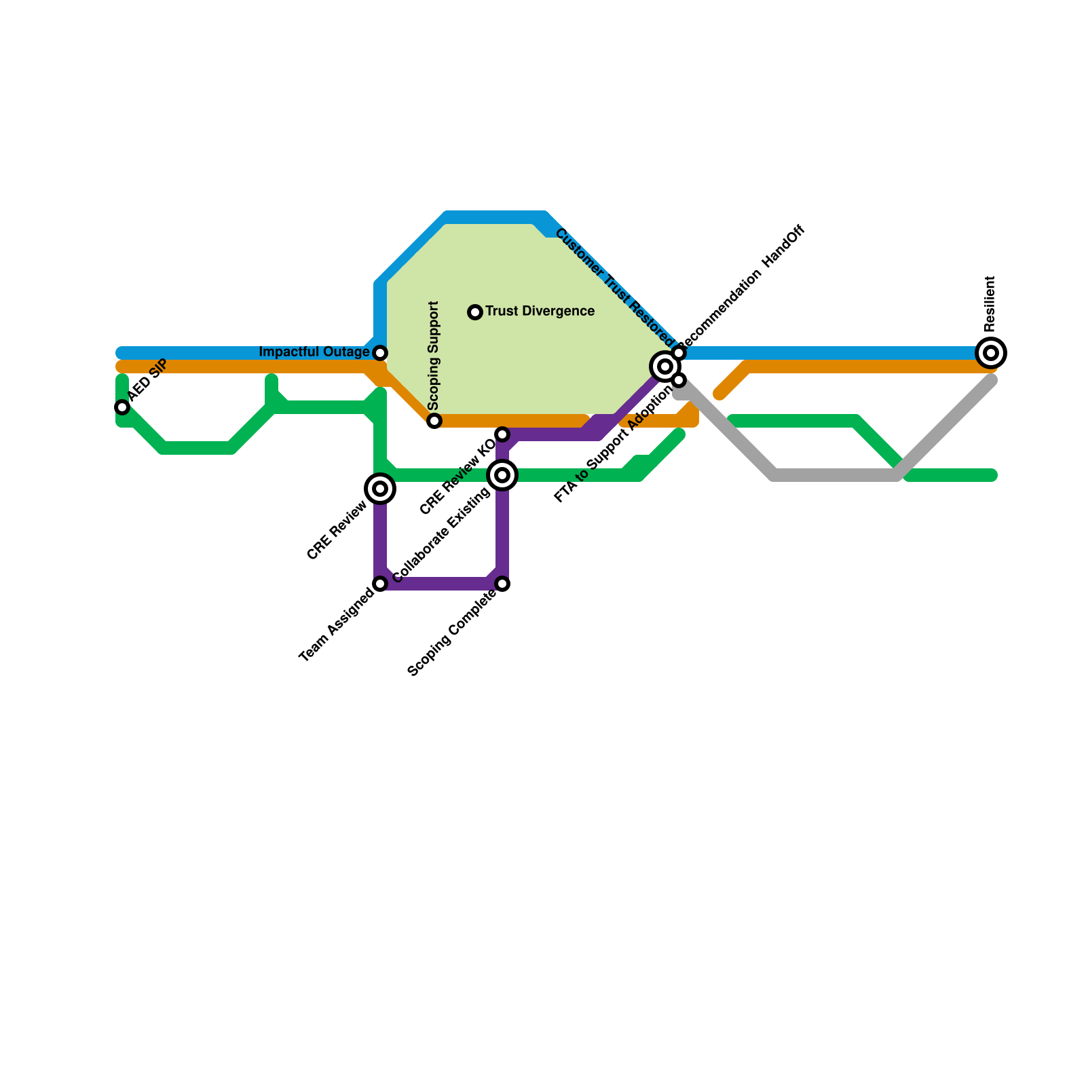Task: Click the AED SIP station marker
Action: click(x=122, y=407)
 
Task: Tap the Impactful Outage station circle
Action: click(x=380, y=353)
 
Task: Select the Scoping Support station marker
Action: click(x=434, y=421)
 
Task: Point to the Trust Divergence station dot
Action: click(x=475, y=312)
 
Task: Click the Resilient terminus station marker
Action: click(x=991, y=353)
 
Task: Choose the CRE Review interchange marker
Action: click(x=380, y=489)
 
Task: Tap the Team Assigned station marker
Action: click(x=380, y=584)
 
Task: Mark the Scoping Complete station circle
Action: click(x=502, y=584)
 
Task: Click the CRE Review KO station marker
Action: click(x=502, y=434)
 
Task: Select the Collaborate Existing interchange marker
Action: click(x=502, y=475)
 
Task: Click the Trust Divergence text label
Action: click(x=540, y=312)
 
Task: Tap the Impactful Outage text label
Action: click(x=314, y=352)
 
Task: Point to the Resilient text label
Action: click(x=990, y=303)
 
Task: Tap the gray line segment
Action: click(x=835, y=475)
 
